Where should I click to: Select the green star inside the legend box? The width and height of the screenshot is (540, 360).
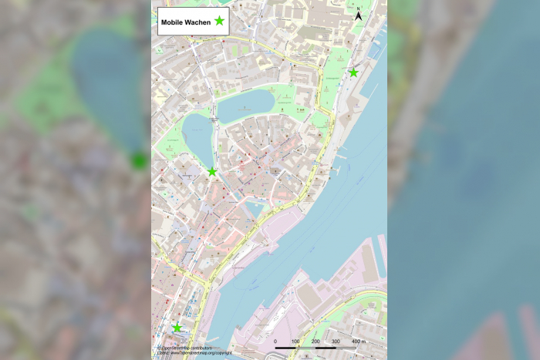pos(220,22)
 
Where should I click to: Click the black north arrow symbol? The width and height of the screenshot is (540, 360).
pos(359,16)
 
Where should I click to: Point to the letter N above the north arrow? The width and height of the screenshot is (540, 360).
pos(359,8)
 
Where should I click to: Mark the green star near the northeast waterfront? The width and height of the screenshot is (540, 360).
pos(353,72)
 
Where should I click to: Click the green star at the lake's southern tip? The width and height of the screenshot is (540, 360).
pos(212,171)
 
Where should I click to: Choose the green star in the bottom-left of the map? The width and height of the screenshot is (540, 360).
pos(177,328)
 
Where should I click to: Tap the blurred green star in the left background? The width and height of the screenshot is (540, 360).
pos(139,160)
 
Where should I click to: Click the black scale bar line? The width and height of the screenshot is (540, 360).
pos(316,348)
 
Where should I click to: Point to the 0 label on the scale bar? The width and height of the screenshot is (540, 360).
pos(275,341)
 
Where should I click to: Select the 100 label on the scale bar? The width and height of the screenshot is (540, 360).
pos(295,341)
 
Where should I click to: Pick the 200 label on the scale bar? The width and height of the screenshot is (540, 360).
pos(316,341)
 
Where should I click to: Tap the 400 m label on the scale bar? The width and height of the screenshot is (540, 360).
pos(359,341)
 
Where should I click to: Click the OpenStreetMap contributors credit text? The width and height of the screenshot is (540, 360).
pos(185,348)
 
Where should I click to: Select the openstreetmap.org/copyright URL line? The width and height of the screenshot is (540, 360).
pos(194,353)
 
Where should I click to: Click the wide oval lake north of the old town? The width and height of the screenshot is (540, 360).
pos(245,105)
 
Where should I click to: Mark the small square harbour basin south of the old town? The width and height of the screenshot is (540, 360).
pos(255,209)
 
